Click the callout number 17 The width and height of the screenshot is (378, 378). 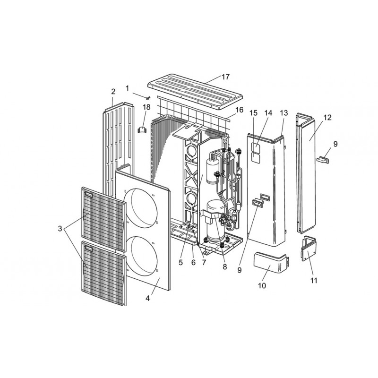[x=226, y=77]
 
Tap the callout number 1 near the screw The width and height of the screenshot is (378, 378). [x=127, y=88]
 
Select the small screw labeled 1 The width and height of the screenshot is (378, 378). [x=148, y=98]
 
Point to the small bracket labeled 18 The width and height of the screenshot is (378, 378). [x=142, y=129]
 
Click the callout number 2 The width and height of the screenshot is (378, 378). [x=113, y=92]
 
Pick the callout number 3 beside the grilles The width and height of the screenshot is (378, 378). [x=60, y=229]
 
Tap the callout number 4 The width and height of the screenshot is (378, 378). [x=147, y=298]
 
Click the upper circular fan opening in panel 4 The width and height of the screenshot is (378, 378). [x=140, y=208]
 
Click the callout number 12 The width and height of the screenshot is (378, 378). [x=327, y=117]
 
